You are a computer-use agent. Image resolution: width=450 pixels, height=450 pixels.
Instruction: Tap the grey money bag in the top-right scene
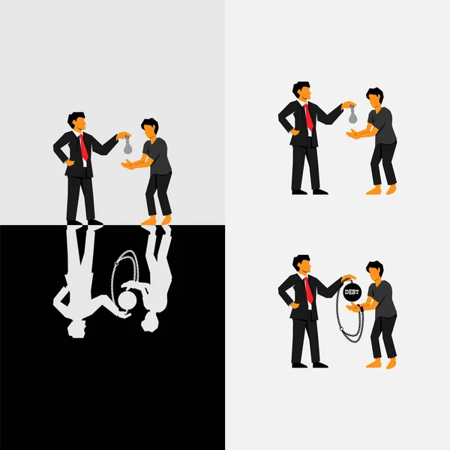coord(352,114)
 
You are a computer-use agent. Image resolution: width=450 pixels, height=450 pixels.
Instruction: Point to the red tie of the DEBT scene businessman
coord(308,289)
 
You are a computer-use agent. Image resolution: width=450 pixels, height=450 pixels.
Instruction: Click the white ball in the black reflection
coord(127,300)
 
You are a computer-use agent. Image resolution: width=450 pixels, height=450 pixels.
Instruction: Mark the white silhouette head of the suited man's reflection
coord(75,328)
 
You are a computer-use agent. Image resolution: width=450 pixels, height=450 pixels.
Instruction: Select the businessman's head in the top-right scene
coord(301,91)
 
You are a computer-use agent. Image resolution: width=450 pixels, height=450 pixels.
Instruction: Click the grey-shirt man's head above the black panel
coord(150,127)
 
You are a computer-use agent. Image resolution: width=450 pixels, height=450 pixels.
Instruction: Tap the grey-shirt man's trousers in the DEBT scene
coord(384,337)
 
